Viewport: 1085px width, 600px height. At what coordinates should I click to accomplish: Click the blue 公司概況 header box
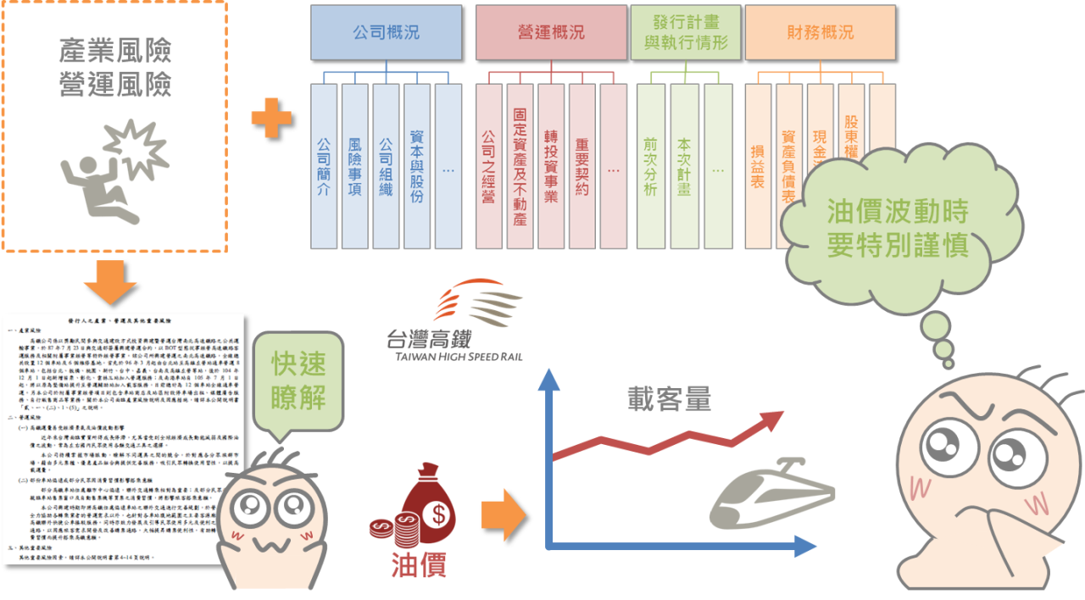[386, 33]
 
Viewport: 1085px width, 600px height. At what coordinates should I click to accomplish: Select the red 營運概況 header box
[551, 33]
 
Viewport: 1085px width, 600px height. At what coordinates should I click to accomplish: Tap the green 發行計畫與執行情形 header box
[686, 33]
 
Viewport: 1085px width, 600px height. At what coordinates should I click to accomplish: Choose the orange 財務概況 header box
[821, 33]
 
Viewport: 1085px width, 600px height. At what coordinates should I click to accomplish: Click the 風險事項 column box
[355, 165]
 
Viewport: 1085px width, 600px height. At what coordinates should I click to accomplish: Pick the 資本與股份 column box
[417, 165]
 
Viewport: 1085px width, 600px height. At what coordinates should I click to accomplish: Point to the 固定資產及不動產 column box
[520, 165]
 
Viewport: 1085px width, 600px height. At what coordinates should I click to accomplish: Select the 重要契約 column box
[581, 165]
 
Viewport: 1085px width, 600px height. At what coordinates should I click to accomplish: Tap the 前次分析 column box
[651, 165]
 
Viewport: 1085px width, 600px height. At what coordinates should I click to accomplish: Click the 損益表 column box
[758, 165]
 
